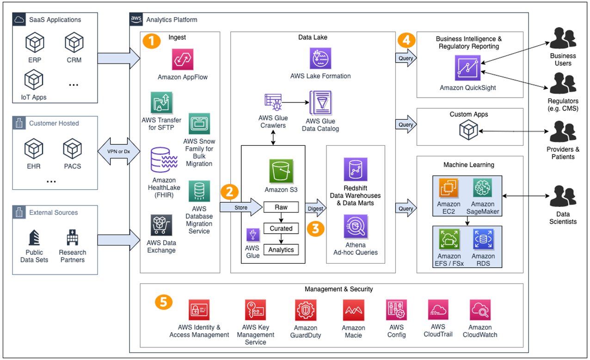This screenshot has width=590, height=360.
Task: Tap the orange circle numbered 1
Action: click(x=152, y=41)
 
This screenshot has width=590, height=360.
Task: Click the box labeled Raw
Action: click(x=281, y=207)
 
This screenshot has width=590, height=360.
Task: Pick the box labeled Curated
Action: click(x=281, y=229)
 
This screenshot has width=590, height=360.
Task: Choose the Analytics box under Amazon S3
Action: click(x=281, y=249)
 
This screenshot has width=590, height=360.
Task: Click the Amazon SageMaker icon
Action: click(x=482, y=188)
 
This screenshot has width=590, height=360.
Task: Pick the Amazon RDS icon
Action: click(x=482, y=240)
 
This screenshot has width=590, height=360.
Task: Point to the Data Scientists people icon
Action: click(x=563, y=197)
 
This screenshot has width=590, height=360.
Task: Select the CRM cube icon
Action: click(x=74, y=43)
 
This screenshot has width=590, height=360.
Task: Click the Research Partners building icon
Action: click(x=73, y=237)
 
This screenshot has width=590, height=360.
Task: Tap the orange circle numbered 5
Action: click(x=163, y=302)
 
